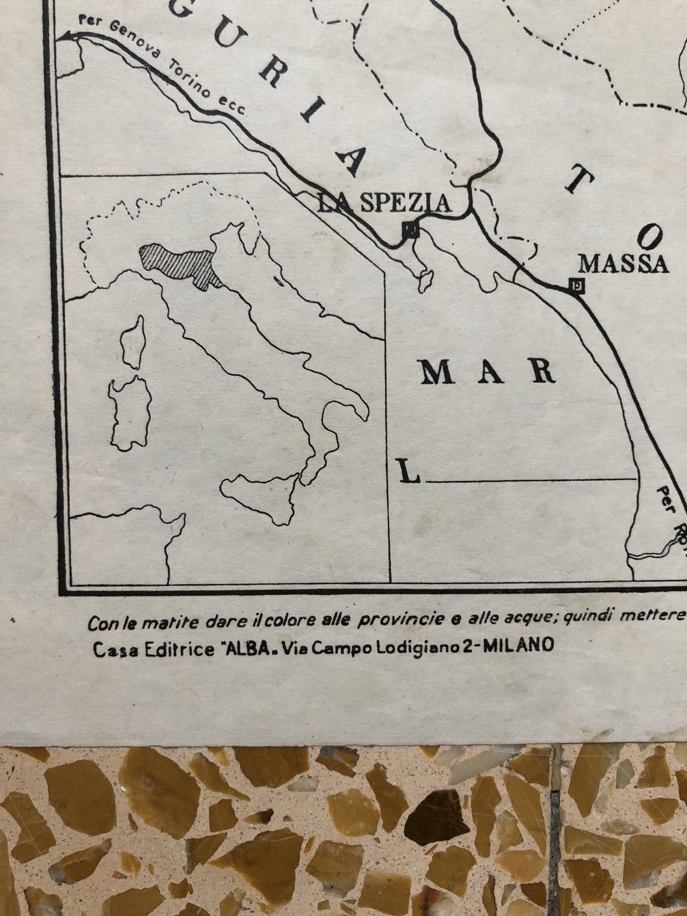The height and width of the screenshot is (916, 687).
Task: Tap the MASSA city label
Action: (623, 264)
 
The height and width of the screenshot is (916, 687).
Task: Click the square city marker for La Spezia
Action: (410, 230)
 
